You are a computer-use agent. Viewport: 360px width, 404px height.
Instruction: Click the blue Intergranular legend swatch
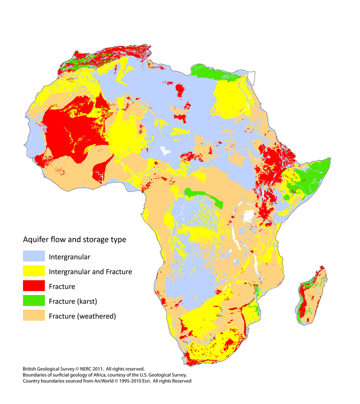pyautogui.click(x=34, y=257)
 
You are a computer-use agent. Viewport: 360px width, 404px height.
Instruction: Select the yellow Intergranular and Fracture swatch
pyautogui.click(x=34, y=272)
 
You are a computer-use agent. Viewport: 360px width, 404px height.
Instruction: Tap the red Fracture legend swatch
pyautogui.click(x=34, y=286)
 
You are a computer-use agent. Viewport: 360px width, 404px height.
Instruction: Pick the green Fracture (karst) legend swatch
pyautogui.click(x=34, y=301)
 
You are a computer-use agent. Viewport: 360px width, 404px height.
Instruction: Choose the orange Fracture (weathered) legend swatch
pyautogui.click(x=34, y=316)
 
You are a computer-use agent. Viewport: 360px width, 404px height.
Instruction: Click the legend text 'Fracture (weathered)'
pyautogui.click(x=82, y=316)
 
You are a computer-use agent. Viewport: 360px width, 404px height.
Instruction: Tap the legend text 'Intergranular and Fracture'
pyautogui.click(x=90, y=272)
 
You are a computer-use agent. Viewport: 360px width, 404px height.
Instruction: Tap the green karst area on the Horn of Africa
pyautogui.click(x=310, y=176)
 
